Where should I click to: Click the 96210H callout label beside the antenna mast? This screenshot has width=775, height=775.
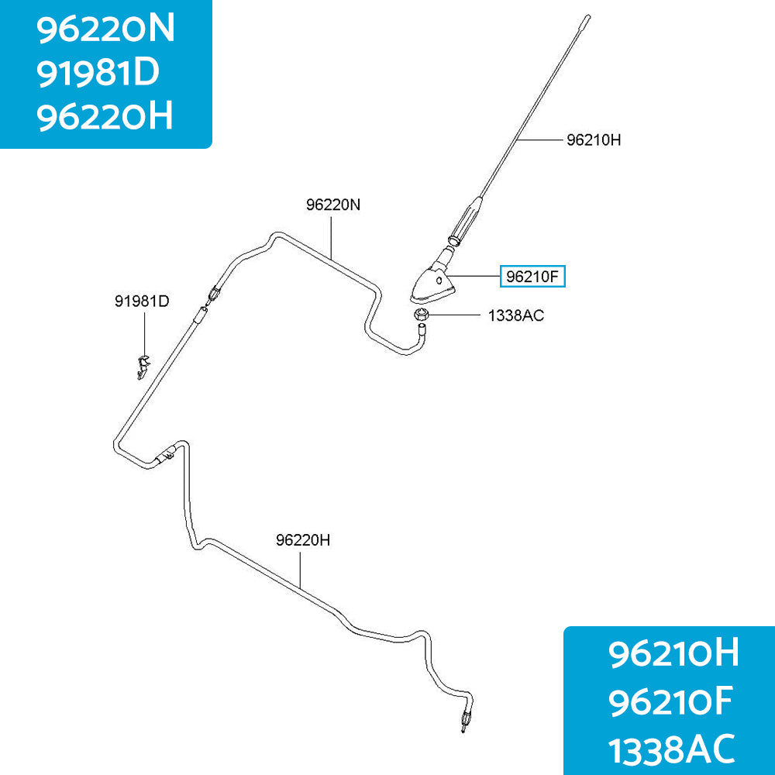coord(593,140)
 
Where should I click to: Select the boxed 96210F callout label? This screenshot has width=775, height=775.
coord(532,277)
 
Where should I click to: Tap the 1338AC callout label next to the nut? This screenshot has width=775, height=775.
coord(515,315)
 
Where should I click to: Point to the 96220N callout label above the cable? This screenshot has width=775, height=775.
coord(333,205)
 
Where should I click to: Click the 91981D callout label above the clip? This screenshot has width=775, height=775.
coord(142,301)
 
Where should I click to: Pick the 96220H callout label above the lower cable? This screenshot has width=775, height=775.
coord(303,540)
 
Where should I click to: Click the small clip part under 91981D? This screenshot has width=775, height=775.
coord(143,367)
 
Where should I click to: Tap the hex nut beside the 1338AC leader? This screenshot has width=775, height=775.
coord(420,315)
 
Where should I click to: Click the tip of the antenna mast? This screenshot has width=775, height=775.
coord(587,17)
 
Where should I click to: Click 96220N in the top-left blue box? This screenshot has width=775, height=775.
coord(105,29)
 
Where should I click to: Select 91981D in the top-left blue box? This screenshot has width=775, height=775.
coord(98,73)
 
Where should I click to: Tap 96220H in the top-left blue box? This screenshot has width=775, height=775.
coord(105,116)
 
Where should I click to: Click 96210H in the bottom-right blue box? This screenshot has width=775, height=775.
coord(673,653)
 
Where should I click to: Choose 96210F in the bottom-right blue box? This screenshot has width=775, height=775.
coord(670,702)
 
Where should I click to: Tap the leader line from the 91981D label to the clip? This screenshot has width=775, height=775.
coord(145,333)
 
